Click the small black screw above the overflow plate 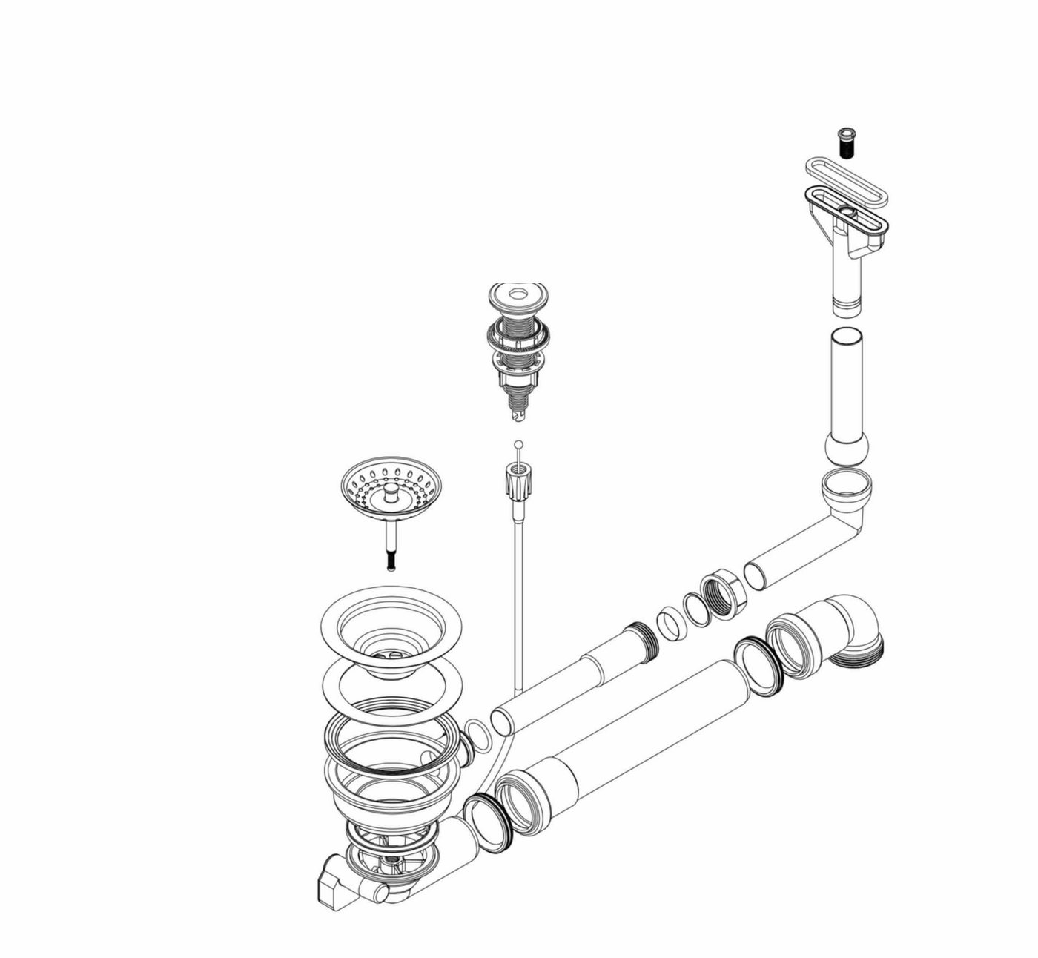(845, 141)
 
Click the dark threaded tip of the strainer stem (391, 561)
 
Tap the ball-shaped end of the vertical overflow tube (846, 449)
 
